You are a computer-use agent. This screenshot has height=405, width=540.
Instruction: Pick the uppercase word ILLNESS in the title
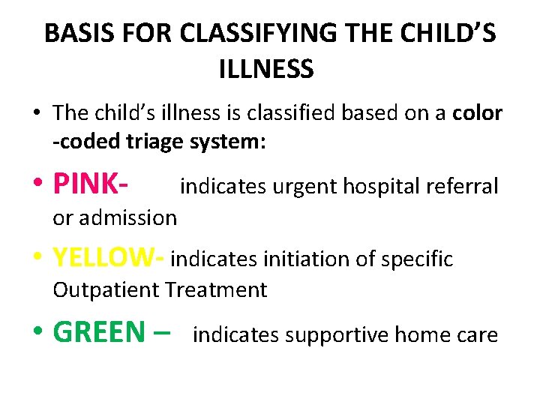(x=266, y=70)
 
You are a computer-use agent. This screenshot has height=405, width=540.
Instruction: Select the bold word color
(x=477, y=113)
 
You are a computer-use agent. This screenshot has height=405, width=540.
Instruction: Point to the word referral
(x=463, y=187)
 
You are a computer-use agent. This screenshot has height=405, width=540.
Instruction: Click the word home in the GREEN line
(x=424, y=334)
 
